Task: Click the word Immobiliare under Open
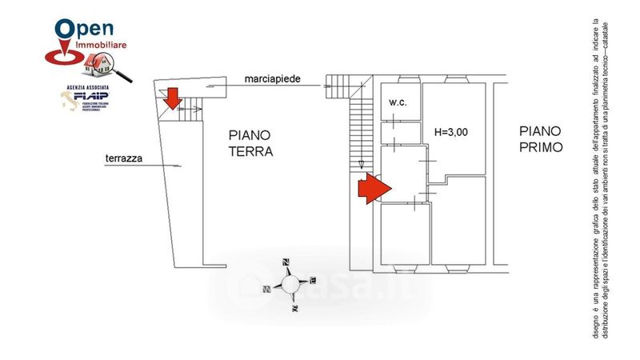coord(101,49)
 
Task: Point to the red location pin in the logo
coord(64,36)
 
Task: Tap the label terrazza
coord(124,158)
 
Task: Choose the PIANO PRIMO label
coord(540,138)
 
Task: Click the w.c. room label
coord(398,103)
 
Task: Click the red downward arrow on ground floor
coord(173,99)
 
